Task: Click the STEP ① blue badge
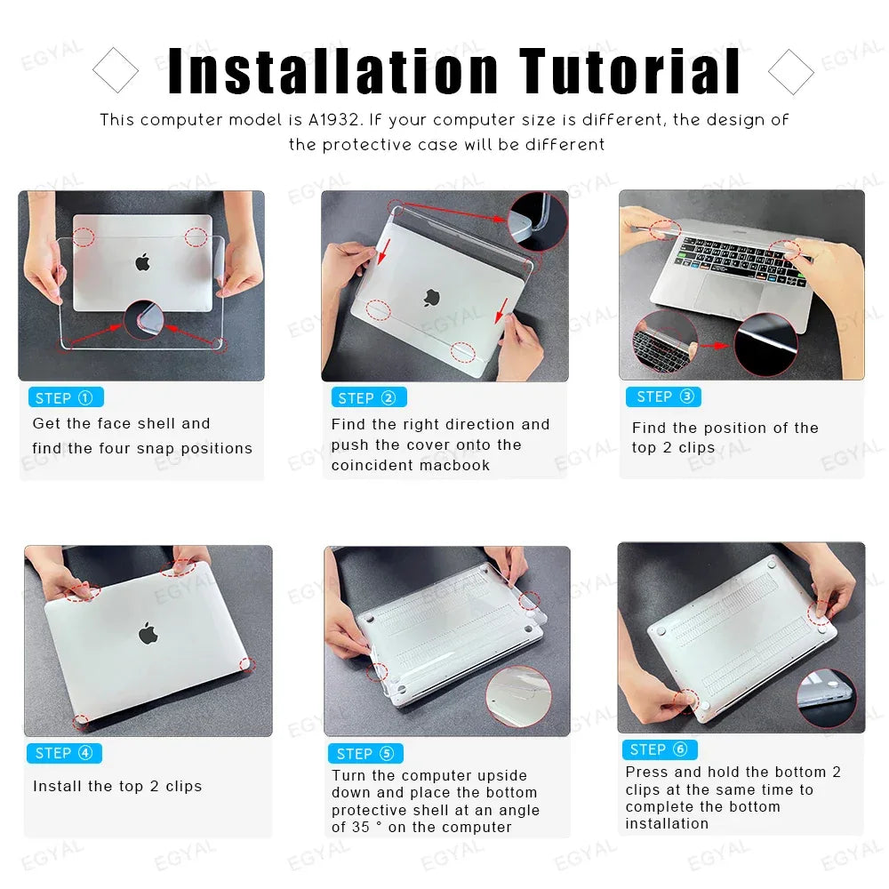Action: click(x=66, y=397)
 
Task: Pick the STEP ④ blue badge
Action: click(x=64, y=753)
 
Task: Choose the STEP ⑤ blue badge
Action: click(x=365, y=754)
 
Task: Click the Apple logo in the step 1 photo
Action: click(x=142, y=262)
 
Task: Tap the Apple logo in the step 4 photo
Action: click(x=148, y=633)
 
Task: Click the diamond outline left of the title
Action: click(x=116, y=71)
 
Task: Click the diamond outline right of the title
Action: click(x=790, y=71)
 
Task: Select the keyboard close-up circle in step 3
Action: click(x=664, y=341)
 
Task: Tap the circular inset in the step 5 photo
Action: click(x=518, y=697)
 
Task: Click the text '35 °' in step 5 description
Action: click(x=363, y=828)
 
